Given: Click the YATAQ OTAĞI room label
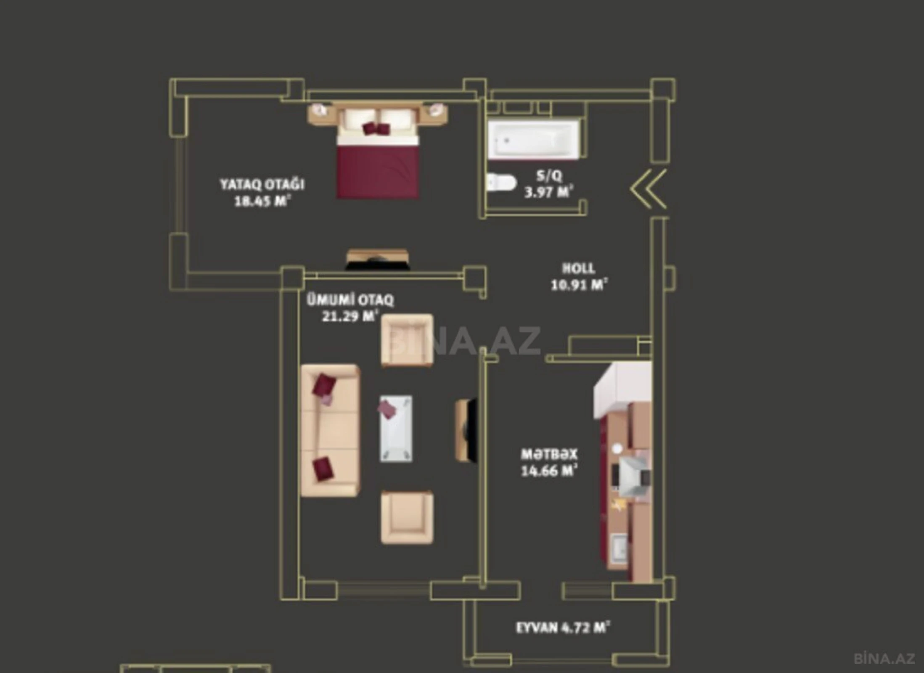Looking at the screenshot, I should coord(262,184).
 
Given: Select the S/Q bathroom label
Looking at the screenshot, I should coord(549,175).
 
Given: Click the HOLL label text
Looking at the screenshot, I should coord(579,268).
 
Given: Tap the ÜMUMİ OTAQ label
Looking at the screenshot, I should coord(350,300).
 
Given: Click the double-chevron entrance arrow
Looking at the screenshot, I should coord(649,189).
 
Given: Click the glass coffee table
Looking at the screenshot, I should coord(396,428).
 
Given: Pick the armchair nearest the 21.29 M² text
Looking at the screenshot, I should coord(407,340).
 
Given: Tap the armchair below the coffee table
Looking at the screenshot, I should coord(407,517).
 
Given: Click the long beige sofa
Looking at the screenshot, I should coord(331,430).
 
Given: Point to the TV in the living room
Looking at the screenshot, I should coord(468,430).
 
